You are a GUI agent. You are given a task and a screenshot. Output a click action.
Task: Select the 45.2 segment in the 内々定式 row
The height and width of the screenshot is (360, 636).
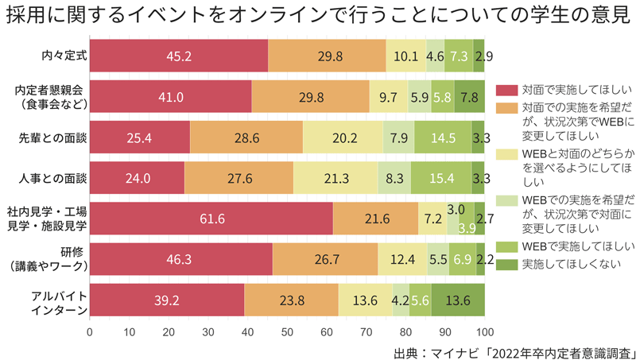179,56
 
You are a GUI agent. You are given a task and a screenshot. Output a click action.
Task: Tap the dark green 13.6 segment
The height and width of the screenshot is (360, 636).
458,300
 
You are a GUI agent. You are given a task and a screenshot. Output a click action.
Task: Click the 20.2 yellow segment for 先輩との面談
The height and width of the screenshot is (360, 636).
343,137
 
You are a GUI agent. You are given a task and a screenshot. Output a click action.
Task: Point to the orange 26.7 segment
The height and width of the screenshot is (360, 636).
324,260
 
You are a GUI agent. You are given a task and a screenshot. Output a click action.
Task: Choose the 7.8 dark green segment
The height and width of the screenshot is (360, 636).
470,97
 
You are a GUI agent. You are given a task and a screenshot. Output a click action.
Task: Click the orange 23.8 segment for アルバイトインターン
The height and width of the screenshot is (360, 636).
291,300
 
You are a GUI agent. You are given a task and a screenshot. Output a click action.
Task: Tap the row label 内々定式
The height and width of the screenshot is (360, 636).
64,56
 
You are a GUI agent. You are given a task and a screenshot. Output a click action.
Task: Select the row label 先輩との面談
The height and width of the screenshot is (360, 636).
52,137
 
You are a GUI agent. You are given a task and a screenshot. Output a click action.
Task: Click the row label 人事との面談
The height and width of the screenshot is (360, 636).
52,178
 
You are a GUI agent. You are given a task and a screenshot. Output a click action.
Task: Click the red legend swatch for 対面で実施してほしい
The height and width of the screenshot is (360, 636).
506,88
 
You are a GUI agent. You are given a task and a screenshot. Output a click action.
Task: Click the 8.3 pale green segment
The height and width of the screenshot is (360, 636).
394,178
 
